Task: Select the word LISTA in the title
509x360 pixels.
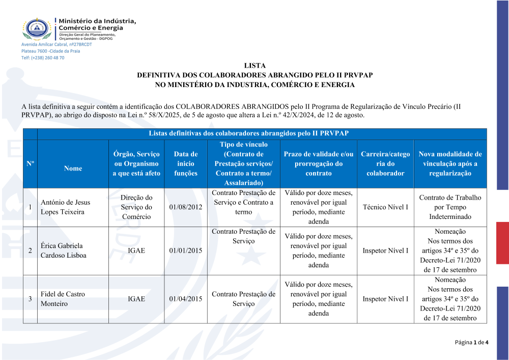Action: point(255,66)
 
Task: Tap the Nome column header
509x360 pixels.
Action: point(73,169)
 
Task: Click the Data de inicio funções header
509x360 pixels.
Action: point(185,163)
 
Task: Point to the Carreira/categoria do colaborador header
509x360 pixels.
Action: point(385,163)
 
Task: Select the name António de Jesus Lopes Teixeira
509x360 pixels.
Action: point(66,207)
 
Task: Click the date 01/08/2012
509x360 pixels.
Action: point(185,207)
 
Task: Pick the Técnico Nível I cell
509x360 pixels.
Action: point(385,207)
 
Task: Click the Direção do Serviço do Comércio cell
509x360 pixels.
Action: point(136,207)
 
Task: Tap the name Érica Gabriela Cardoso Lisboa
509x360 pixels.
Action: point(64,251)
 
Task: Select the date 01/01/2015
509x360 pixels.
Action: point(185,251)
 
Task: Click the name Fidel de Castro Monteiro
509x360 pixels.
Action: point(63,299)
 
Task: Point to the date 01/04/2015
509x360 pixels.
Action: point(185,299)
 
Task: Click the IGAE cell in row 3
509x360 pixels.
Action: point(136,299)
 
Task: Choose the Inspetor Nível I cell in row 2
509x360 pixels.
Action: point(385,251)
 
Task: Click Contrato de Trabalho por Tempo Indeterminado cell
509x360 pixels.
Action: point(450,207)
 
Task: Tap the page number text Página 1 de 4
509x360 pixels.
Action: point(471,342)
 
